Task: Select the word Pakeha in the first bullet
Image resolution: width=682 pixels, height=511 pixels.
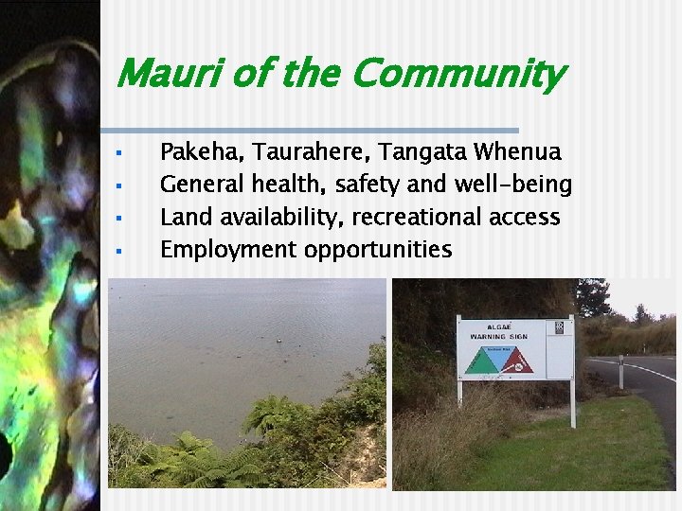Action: pos(194,151)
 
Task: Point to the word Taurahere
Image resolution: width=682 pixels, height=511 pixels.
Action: pos(302,151)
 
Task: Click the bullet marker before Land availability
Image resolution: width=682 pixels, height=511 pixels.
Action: pos(119,218)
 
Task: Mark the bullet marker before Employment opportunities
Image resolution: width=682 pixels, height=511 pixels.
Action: pos(119,251)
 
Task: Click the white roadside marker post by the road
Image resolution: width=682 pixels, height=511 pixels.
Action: pos(621,372)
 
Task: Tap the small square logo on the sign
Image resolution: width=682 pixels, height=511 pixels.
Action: pos(559,327)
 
